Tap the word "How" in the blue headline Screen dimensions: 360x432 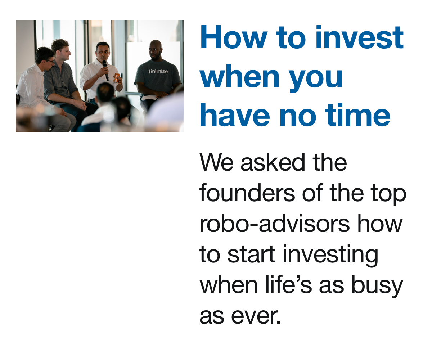[226, 37]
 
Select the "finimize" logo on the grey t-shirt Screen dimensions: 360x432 [158, 72]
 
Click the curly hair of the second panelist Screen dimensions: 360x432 [60, 44]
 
